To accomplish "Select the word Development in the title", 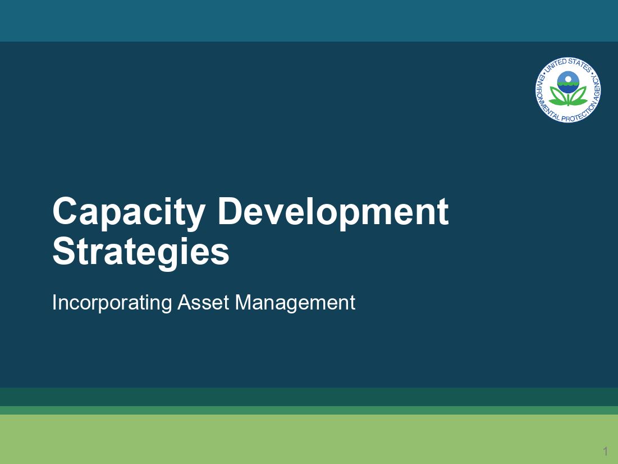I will tap(333, 212).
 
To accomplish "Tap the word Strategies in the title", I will tap(140, 253).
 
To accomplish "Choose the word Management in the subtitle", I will tap(295, 303).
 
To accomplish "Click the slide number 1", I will tap(605, 451).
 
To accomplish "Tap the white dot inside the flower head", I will tap(568, 79).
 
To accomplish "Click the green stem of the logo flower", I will tap(568, 99).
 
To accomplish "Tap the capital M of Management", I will tap(242, 302).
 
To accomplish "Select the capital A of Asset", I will tap(183, 302).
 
